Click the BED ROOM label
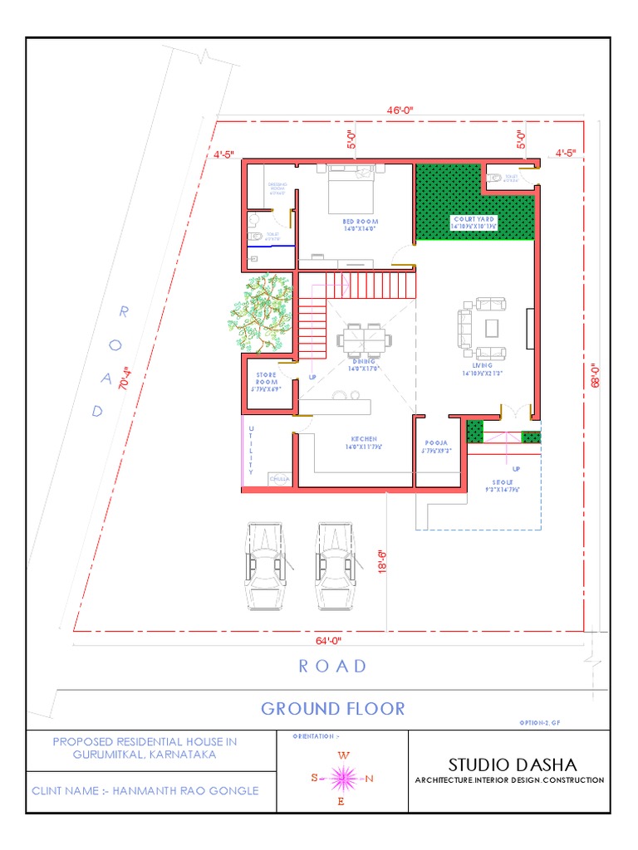[361, 222]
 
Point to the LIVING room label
[482, 365]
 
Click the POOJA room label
[436, 444]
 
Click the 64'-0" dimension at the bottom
[328, 640]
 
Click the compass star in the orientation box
[343, 778]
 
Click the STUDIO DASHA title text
[509, 763]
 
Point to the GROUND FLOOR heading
[332, 708]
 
